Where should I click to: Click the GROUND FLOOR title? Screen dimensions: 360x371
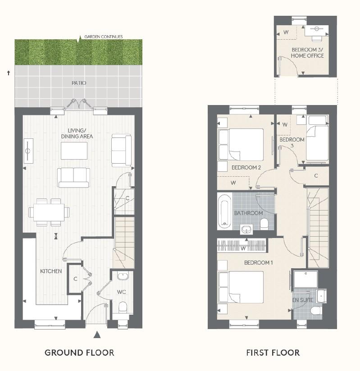tap(79, 353)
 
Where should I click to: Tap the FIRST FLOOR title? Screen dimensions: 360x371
tap(273, 353)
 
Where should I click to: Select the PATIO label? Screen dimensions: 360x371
tap(79, 83)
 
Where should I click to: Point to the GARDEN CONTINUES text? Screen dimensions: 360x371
tap(104, 37)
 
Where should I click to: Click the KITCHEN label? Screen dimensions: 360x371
tap(51, 271)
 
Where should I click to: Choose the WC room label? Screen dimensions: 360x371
tap(121, 292)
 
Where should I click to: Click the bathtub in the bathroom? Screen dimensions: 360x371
tap(225, 211)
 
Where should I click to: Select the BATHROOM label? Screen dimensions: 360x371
tap(248, 213)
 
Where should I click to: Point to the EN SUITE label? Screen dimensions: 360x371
tap(303, 300)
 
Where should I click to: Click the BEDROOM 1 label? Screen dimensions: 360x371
tap(259, 263)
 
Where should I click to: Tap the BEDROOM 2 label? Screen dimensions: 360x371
tap(246, 168)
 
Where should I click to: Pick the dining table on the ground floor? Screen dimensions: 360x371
tap(49, 212)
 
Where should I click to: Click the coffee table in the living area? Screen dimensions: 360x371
tap(74, 151)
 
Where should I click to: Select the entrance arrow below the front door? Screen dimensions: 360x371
tap(97, 334)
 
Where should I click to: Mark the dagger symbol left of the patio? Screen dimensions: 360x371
tap(9, 73)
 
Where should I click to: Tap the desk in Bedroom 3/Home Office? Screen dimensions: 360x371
tap(316, 30)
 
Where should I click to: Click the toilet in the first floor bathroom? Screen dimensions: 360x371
tap(264, 224)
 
